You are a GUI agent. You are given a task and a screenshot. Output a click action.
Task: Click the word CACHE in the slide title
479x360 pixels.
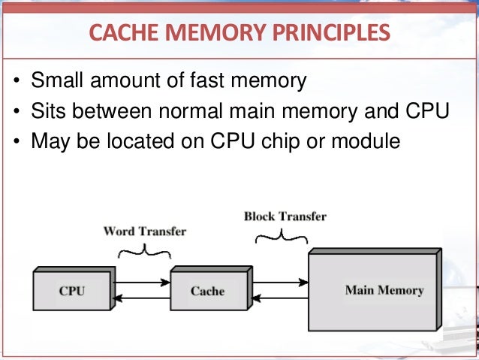point(121,32)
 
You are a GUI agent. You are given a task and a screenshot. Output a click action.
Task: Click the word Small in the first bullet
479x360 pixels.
point(58,81)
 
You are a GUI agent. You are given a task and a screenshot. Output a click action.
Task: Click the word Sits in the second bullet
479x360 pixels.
point(50,110)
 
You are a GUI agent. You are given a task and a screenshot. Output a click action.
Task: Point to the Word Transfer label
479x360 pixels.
point(143,231)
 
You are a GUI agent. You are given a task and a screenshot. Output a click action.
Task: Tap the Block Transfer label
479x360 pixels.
point(285,216)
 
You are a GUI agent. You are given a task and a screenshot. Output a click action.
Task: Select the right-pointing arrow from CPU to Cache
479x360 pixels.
point(143,283)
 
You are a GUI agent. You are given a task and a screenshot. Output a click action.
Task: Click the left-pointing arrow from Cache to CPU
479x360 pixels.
point(143,298)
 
